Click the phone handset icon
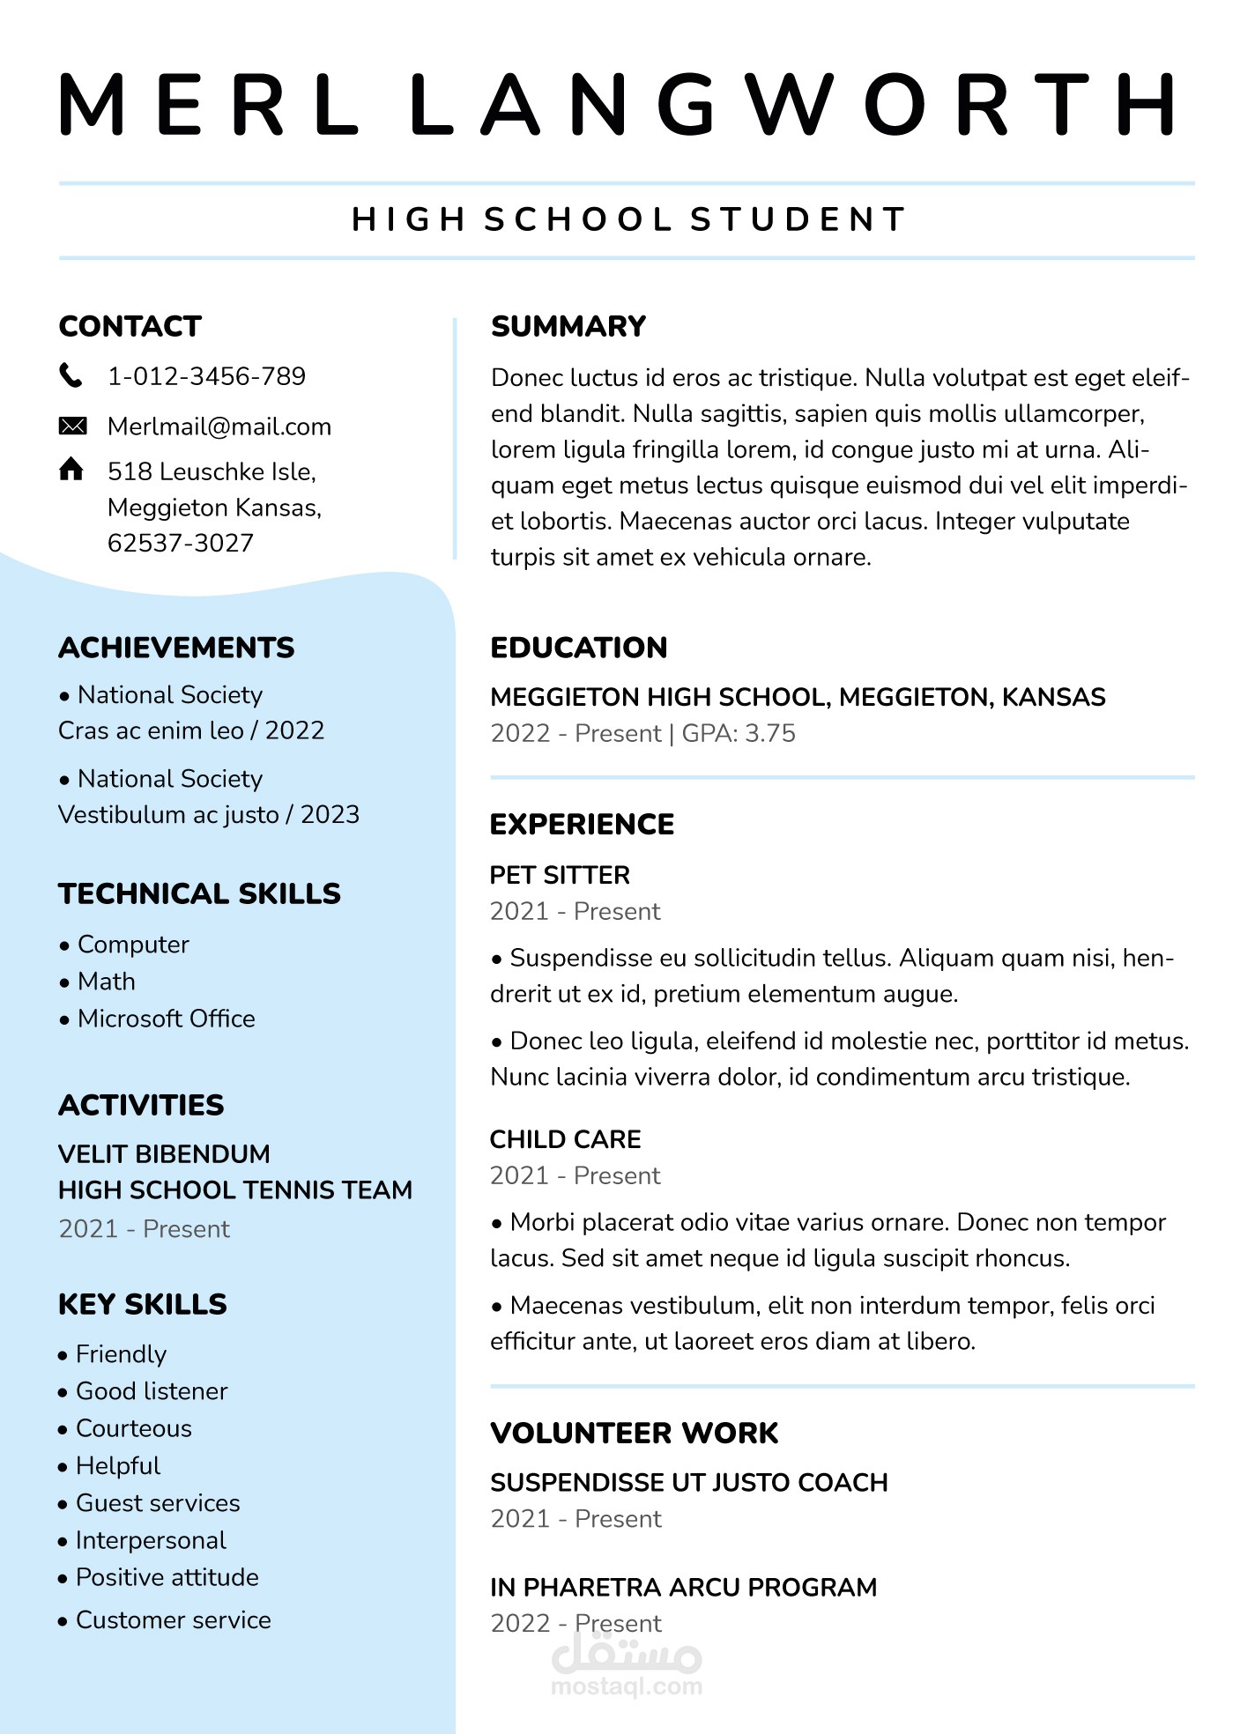point(71,375)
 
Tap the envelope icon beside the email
point(72,426)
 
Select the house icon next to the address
point(71,469)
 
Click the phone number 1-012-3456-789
point(206,376)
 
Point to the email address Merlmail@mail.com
point(219,426)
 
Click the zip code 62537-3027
point(181,543)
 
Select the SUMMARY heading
point(568,326)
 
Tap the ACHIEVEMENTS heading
point(176,648)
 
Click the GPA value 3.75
point(770,733)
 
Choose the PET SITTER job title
point(560,875)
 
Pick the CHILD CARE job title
point(565,1139)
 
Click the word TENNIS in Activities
point(281,1190)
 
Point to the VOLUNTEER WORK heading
point(635,1433)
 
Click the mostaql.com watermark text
point(627,1686)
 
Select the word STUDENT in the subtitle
point(798,219)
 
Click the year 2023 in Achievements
point(330,814)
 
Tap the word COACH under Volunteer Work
point(843,1482)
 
